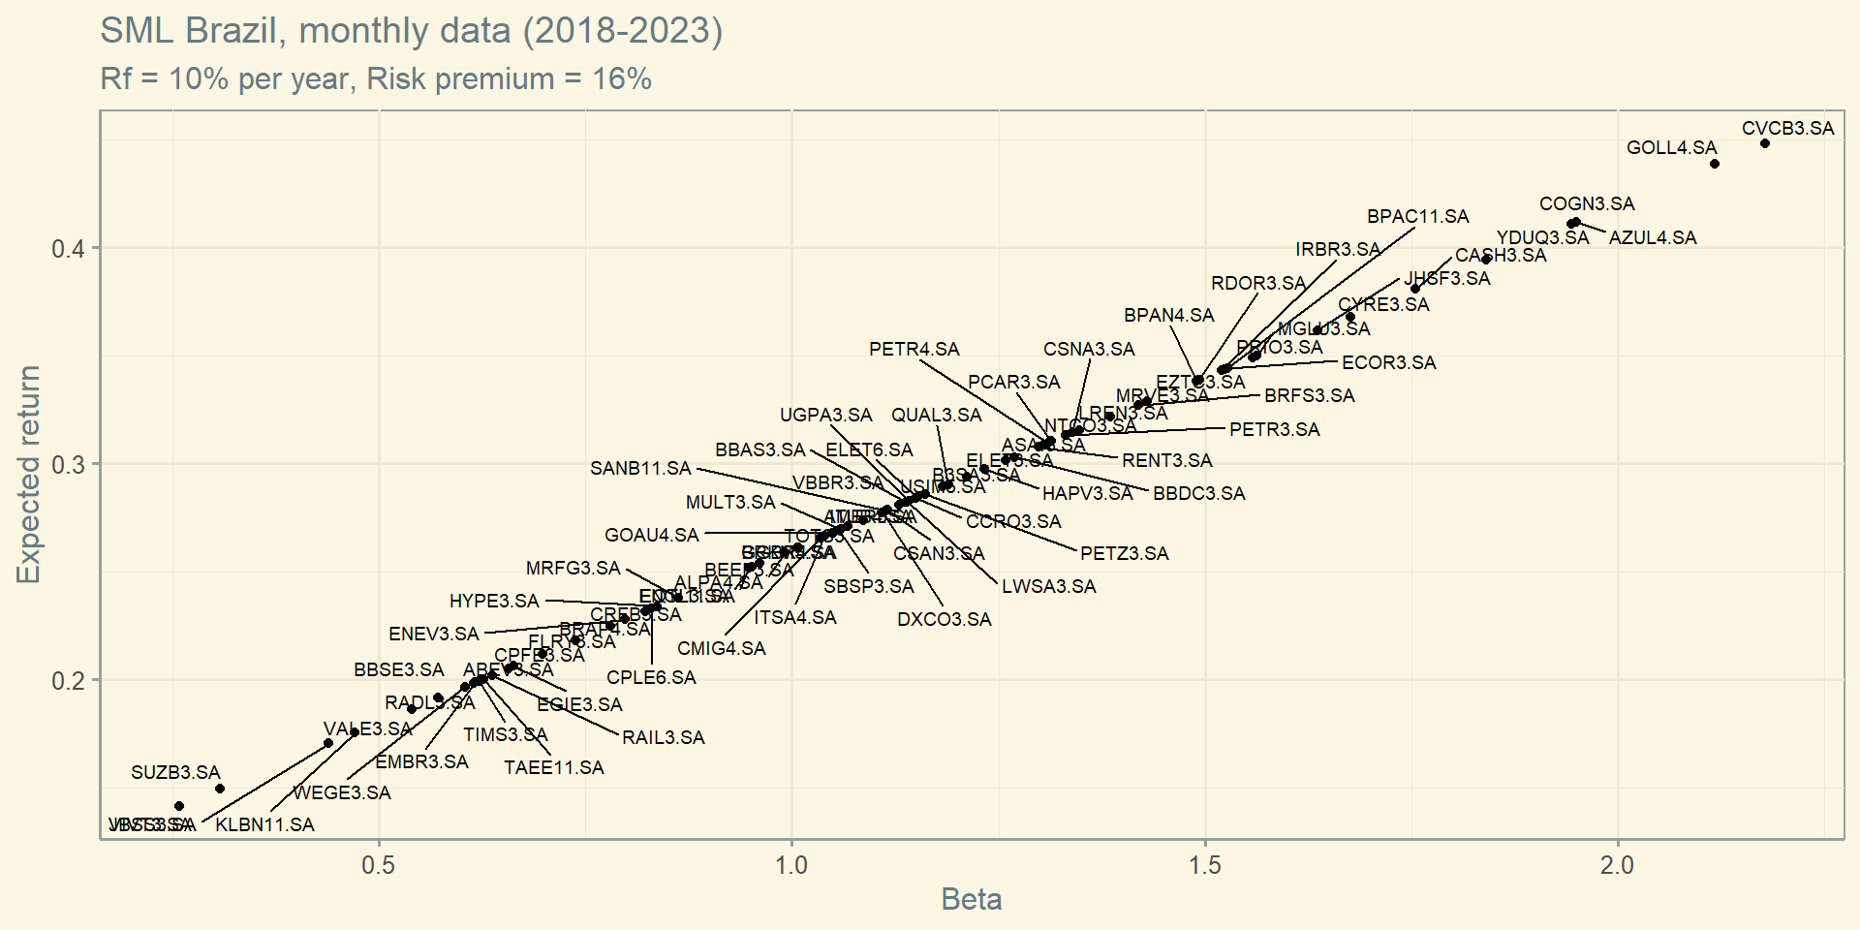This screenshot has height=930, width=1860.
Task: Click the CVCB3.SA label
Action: tap(1787, 129)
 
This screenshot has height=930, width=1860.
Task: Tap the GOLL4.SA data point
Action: tap(1715, 164)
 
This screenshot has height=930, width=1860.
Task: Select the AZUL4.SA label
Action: tap(1653, 238)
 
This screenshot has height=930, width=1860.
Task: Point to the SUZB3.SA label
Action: tap(175, 773)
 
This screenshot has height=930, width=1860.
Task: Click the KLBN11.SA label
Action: tap(264, 825)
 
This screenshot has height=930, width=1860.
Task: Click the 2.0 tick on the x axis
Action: tap(1617, 865)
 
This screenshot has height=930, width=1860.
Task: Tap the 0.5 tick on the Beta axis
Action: tap(379, 865)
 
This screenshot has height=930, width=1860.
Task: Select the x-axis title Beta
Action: tap(971, 900)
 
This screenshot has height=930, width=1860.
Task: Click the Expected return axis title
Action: tap(29, 475)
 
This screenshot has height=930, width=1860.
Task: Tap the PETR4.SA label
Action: tap(914, 350)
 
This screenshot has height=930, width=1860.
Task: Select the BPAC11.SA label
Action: tap(1417, 217)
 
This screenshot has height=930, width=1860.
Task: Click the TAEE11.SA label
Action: tap(553, 768)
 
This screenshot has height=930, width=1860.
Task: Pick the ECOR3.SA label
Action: tap(1388, 363)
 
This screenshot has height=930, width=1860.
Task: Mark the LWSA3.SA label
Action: tap(1048, 587)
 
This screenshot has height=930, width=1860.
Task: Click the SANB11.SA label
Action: tap(640, 469)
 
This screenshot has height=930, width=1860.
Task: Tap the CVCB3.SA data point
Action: tap(1765, 143)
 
